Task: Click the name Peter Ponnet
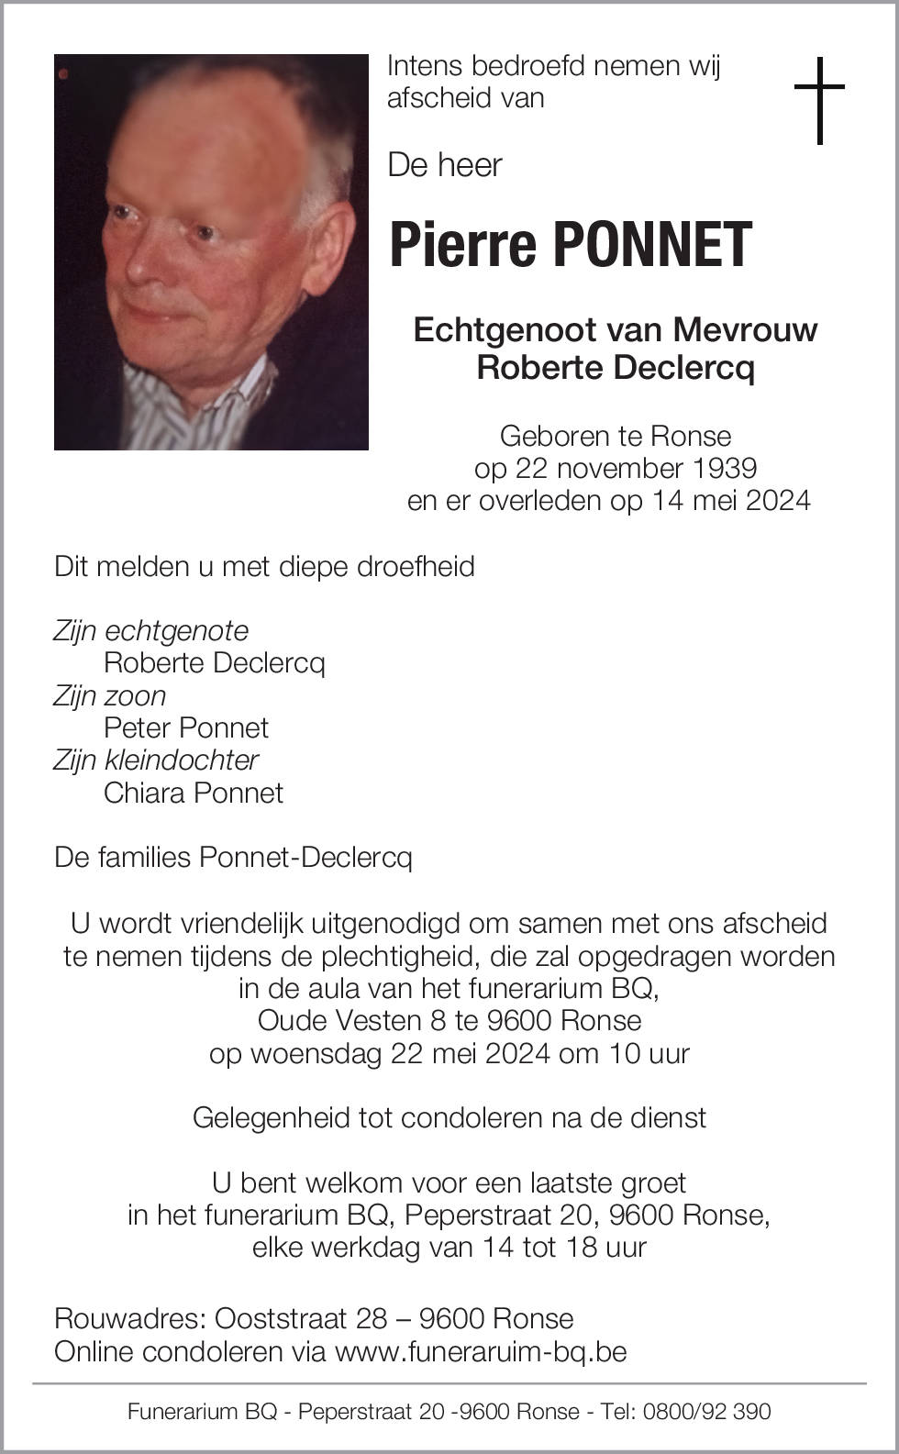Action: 186,727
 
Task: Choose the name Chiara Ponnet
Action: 194,793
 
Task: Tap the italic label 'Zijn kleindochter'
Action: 156,760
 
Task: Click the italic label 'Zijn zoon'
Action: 110,695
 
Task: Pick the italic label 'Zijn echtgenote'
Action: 151,630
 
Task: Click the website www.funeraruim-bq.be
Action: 481,1351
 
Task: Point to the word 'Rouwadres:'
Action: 130,1318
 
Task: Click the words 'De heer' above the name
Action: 445,165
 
